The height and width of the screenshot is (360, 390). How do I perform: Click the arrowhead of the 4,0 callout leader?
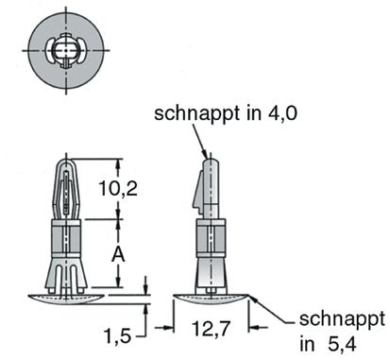(206, 153)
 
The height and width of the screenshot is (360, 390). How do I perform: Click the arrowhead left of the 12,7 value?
(173, 328)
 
